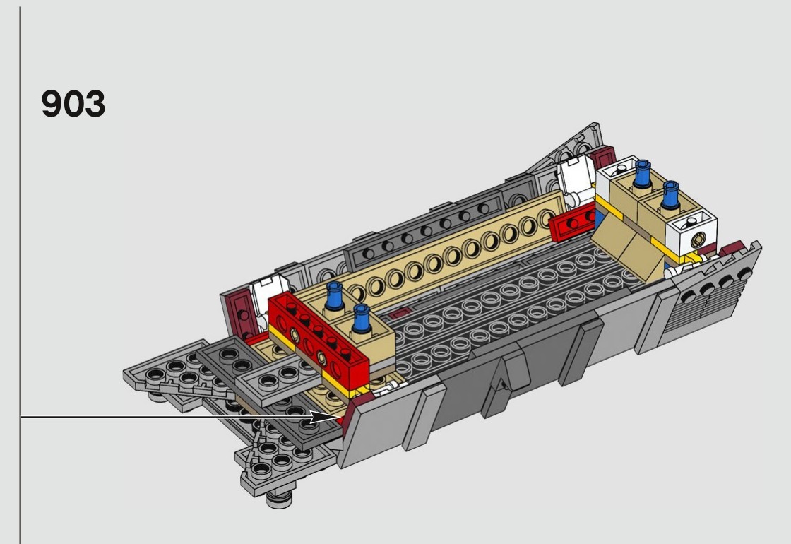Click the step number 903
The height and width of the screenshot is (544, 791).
73,103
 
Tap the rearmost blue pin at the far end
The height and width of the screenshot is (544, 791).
642,174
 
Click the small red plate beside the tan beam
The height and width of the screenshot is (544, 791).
573,222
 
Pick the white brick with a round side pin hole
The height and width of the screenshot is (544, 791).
691,233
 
